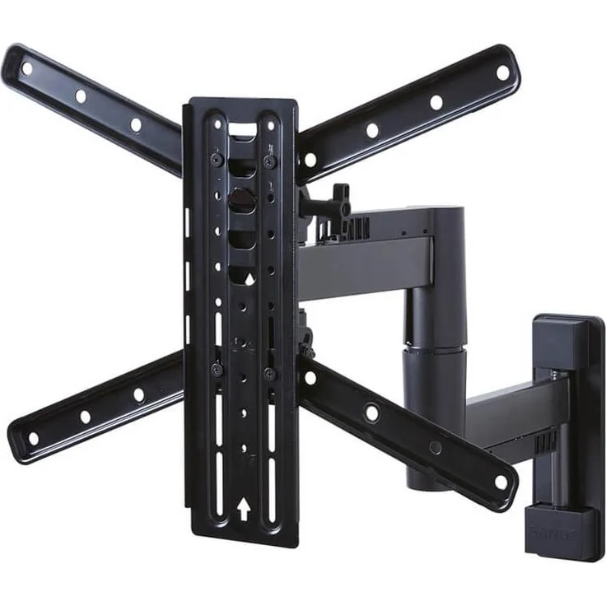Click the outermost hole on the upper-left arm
tap(27, 69)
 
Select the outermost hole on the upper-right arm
tap(502, 72)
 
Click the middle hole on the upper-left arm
tap(81, 96)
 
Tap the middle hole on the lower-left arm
tap(85, 416)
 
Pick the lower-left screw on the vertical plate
tap(216, 370)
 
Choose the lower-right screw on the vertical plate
tap(269, 373)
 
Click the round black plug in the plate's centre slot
tap(241, 198)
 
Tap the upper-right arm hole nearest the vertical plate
tap(310, 159)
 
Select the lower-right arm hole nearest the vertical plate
tap(310, 378)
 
